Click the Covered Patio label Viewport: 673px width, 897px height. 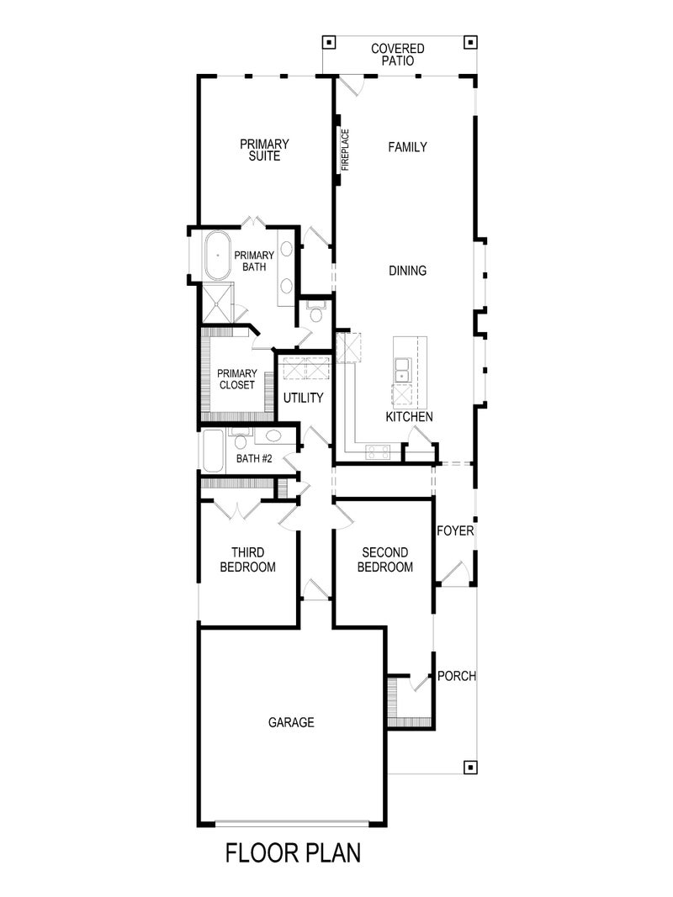(398, 55)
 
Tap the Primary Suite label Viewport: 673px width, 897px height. (264, 150)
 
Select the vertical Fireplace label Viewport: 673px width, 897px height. (345, 150)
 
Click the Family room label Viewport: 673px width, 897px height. (407, 147)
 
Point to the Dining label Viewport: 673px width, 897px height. (407, 271)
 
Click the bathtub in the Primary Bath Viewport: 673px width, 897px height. (218, 255)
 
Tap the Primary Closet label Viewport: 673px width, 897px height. (236, 379)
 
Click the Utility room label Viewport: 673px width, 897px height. (303, 398)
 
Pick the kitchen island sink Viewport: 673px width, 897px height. (403, 368)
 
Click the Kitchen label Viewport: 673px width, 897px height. (409, 417)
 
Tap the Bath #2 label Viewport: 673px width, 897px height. (254, 459)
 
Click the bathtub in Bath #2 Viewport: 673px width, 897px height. (213, 452)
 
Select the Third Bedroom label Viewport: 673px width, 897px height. (247, 560)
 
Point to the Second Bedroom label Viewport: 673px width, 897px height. (384, 560)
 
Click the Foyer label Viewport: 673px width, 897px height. (455, 531)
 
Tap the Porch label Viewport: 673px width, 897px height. (457, 676)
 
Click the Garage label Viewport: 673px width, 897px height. (291, 722)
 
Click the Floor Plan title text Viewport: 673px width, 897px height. (293, 853)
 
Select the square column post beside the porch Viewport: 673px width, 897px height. (469, 767)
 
